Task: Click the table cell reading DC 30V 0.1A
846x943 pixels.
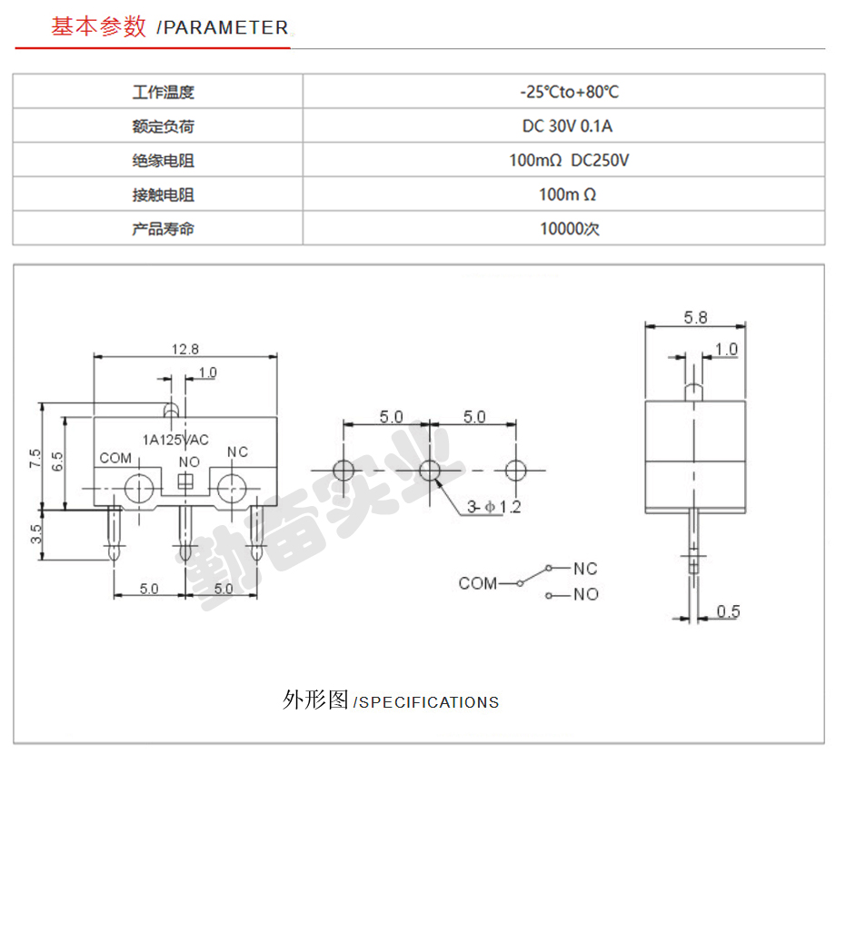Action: pos(567,126)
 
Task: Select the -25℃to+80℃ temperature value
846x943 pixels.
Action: pos(569,92)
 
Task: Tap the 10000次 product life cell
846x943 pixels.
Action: pos(569,229)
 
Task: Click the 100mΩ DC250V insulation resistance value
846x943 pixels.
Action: pos(569,161)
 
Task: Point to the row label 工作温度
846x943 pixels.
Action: pos(163,92)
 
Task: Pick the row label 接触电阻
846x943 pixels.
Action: pos(163,194)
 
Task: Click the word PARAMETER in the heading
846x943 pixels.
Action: pos(226,27)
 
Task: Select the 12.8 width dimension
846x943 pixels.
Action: pos(184,350)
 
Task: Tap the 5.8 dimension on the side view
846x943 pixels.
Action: pos(695,318)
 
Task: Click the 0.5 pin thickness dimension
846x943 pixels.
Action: pos(728,611)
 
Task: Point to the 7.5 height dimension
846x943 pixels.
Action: pos(35,459)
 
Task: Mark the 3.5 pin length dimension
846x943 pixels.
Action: pos(36,533)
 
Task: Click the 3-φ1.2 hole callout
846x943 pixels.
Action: pos(494,507)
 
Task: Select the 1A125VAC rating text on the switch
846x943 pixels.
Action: pos(175,441)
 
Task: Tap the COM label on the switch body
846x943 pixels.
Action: pos(115,458)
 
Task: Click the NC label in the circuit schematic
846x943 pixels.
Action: pos(585,569)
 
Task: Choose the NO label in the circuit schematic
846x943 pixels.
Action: pos(585,595)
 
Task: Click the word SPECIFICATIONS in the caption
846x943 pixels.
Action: pos(429,702)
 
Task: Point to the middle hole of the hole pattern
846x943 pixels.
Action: pos(430,471)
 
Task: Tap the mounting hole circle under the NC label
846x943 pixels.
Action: pos(232,489)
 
